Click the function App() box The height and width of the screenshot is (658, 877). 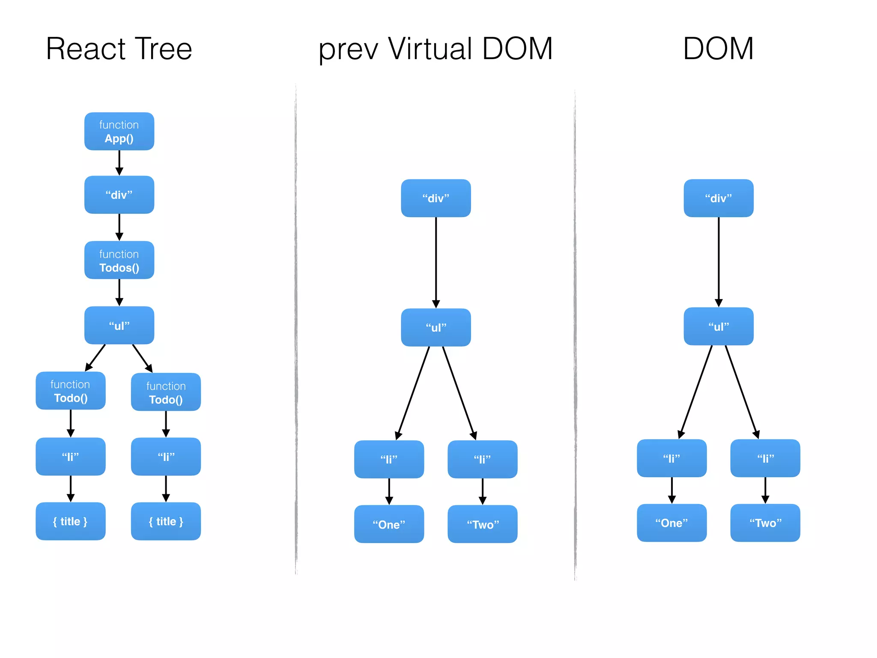[119, 132]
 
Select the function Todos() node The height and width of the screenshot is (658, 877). [119, 260]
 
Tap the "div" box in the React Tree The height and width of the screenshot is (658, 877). [119, 195]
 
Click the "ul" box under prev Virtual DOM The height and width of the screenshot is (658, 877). [436, 327]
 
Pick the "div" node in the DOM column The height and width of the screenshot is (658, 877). [718, 198]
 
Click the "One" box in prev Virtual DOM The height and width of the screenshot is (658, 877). [389, 524]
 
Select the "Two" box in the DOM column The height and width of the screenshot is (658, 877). [765, 523]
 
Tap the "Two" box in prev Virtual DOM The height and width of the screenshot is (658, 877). [482, 524]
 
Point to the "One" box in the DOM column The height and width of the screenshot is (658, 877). [671, 523]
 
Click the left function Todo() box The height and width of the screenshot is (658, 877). [71, 391]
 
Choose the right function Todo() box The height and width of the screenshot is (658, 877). [166, 392]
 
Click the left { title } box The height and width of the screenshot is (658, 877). [71, 521]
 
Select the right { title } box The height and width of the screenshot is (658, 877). [166, 521]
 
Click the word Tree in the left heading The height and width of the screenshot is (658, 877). [164, 49]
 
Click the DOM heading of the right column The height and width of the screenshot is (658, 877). [718, 49]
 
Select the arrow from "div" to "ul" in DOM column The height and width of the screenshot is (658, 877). [719, 261]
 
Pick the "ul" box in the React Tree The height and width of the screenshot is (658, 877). [119, 326]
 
